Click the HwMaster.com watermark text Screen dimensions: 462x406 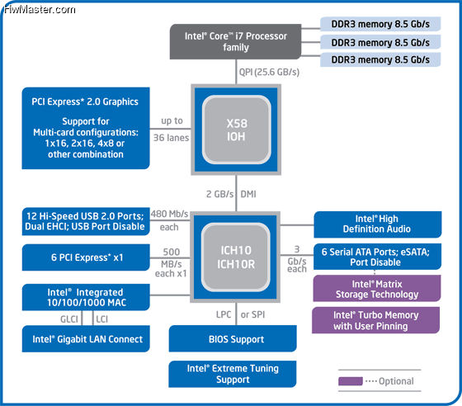(x=40, y=10)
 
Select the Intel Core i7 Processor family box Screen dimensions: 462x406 (x=235, y=41)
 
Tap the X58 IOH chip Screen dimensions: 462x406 (x=236, y=130)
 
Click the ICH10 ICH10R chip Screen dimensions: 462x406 (x=235, y=257)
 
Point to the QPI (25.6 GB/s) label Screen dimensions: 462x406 (x=269, y=72)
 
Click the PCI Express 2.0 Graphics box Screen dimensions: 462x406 (x=86, y=128)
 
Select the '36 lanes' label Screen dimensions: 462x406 (x=172, y=138)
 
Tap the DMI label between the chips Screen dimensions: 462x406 (x=248, y=194)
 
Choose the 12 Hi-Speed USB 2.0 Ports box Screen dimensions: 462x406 (x=86, y=221)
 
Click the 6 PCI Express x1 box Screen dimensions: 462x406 (x=86, y=257)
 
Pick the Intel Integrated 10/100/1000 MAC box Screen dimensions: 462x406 (x=86, y=297)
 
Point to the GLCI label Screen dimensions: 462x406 (x=69, y=319)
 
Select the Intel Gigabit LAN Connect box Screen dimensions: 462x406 (x=86, y=339)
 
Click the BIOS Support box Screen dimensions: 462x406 (x=233, y=338)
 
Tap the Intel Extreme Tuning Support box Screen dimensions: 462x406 (x=233, y=374)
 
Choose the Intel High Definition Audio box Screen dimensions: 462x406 (x=378, y=224)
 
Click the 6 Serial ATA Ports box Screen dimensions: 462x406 (x=378, y=257)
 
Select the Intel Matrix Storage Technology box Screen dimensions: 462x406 (x=377, y=289)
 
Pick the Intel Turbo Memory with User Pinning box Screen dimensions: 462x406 (x=375, y=320)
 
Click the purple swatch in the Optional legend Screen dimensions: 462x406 (x=351, y=381)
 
